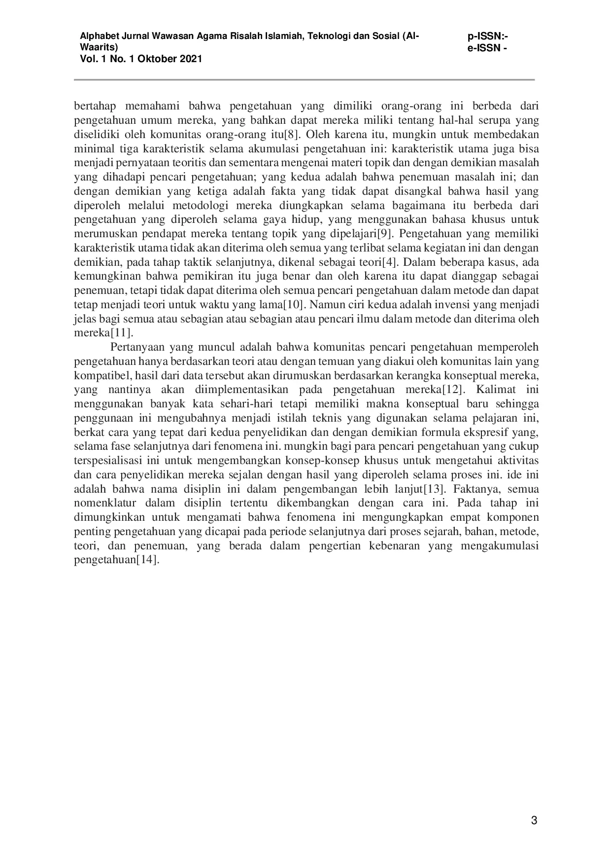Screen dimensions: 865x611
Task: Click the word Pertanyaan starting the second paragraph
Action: coord(137,347)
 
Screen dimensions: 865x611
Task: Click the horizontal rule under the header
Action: coord(305,79)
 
